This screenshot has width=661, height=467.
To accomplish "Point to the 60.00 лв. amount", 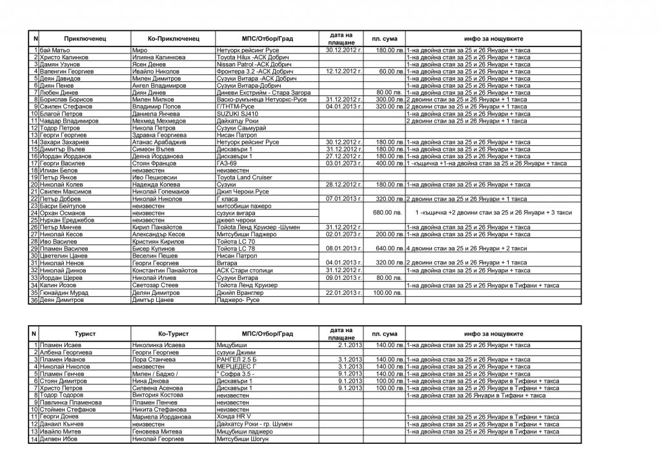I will [x=391, y=71].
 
